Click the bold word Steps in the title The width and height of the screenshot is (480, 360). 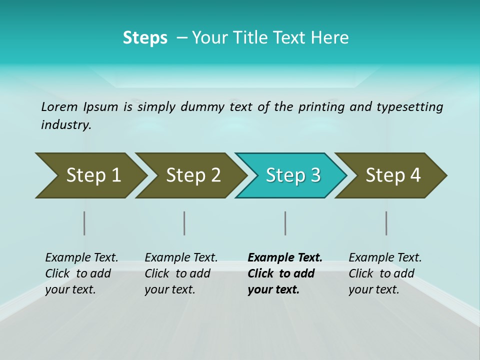coord(145,38)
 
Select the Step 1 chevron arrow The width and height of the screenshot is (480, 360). coord(90,175)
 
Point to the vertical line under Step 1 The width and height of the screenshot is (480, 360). coord(84,223)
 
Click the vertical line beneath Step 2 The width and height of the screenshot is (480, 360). coord(184,223)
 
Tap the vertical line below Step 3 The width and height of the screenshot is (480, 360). coord(285,223)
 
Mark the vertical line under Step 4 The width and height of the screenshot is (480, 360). coord(386,223)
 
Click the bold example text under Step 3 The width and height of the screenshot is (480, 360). coord(284,273)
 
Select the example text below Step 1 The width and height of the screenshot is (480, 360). coord(81,273)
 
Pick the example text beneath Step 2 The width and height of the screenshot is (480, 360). coord(181,273)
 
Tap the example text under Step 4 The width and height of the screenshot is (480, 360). coord(385,273)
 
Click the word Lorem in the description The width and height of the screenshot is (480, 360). coord(59,107)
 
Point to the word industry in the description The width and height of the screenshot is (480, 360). coord(66,125)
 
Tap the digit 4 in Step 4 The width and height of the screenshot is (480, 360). coord(415,175)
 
